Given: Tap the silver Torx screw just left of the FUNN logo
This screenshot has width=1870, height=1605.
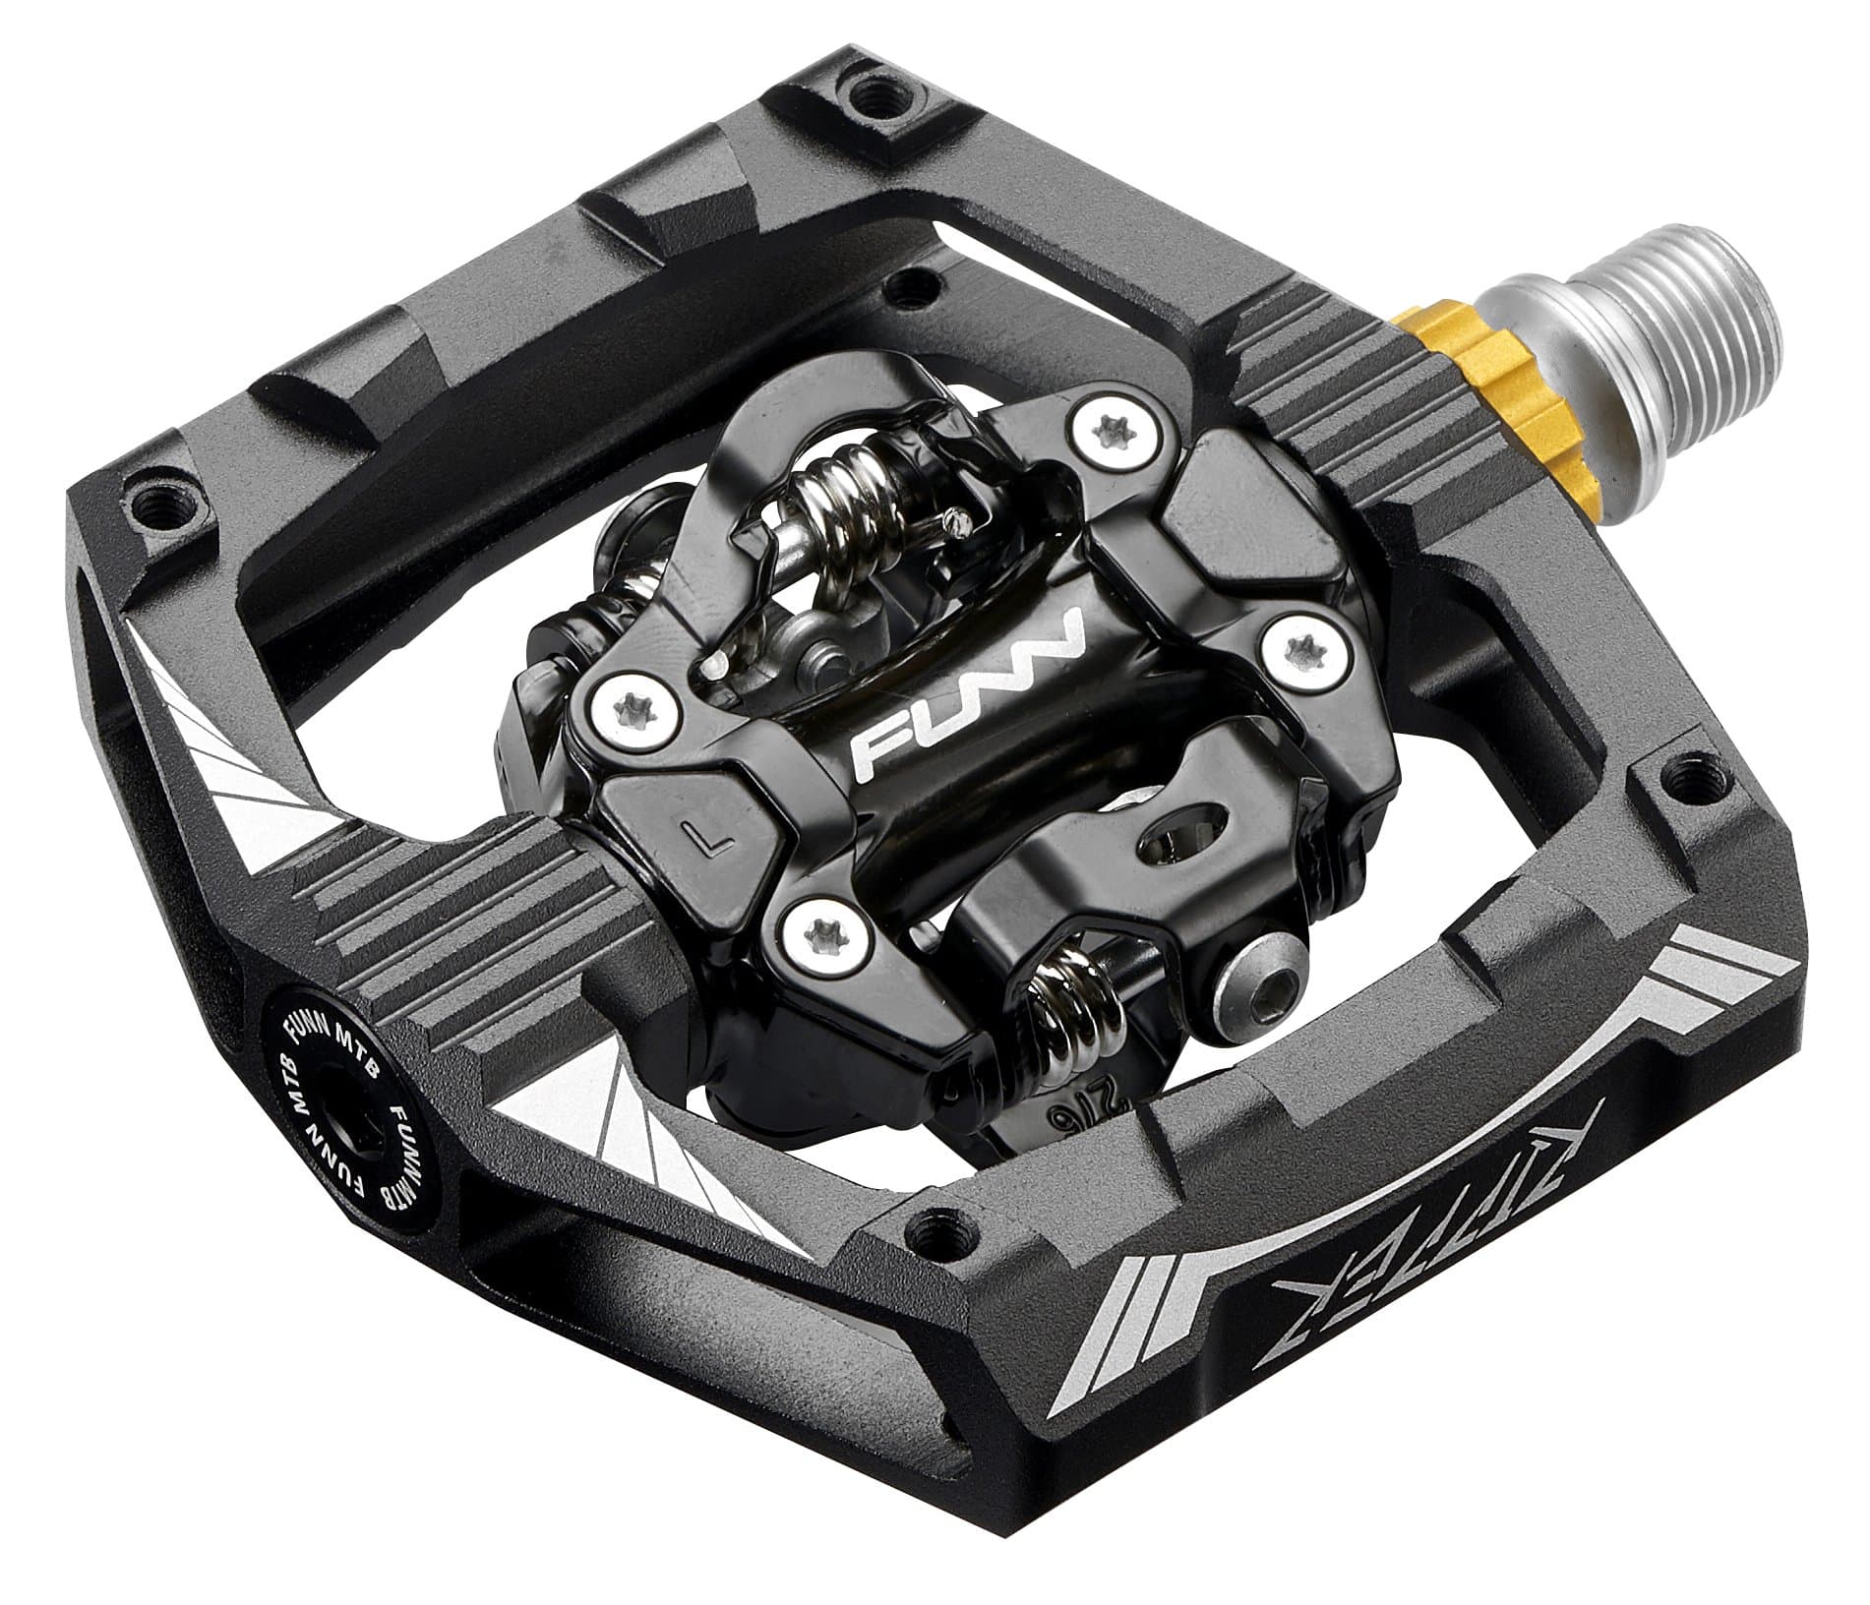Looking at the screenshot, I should [633, 697].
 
